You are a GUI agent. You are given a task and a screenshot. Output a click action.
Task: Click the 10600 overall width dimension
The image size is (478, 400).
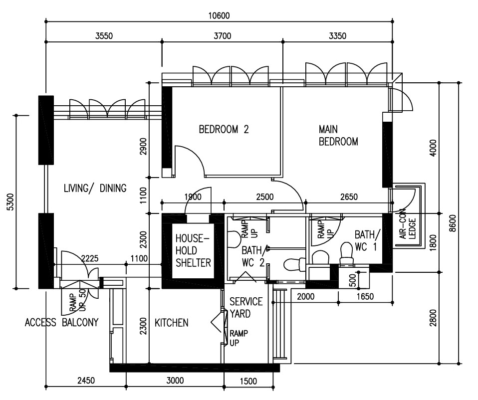pyautogui.click(x=219, y=15)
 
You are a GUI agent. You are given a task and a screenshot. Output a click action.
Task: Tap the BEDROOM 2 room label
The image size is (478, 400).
pyautogui.click(x=224, y=130)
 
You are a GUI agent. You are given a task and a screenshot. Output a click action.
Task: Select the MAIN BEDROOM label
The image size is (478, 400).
pyautogui.click(x=338, y=135)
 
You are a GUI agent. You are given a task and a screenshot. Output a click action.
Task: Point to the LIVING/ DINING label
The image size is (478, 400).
pyautogui.click(x=95, y=188)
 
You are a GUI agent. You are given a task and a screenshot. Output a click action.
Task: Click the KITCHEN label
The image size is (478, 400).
pyautogui.click(x=171, y=323)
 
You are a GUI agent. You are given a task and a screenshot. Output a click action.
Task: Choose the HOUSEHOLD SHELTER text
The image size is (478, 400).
pyautogui.click(x=193, y=250)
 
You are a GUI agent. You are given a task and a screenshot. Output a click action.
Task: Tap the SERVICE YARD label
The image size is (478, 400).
pyautogui.click(x=246, y=307)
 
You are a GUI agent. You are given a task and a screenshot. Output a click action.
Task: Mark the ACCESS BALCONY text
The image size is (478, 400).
pyautogui.click(x=61, y=322)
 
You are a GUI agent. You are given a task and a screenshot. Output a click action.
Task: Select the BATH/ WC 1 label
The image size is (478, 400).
pyautogui.click(x=367, y=241)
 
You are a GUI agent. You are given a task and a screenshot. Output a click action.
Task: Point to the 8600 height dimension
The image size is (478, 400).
pyautogui.click(x=453, y=223)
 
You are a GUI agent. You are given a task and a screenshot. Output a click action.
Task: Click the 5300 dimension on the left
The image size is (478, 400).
pyautogui.click(x=10, y=201)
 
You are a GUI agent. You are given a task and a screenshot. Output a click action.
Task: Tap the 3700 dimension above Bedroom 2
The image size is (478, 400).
pyautogui.click(x=222, y=36)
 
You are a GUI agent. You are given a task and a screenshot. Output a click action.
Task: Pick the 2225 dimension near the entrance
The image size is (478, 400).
pyautogui.click(x=90, y=259)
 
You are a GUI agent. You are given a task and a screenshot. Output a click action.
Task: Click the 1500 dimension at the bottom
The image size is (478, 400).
pyautogui.click(x=248, y=381)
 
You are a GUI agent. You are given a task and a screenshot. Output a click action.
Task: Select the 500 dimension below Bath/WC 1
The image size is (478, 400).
pyautogui.click(x=352, y=281)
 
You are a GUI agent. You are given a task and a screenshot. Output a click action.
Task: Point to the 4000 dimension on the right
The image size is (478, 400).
pyautogui.click(x=433, y=148)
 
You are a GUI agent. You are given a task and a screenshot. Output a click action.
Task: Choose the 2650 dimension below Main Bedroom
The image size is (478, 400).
pyautogui.click(x=349, y=197)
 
